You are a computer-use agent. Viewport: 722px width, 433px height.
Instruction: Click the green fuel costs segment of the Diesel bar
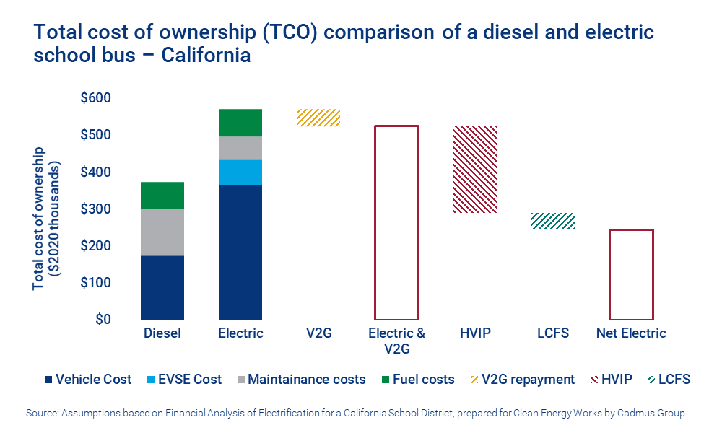coord(162,195)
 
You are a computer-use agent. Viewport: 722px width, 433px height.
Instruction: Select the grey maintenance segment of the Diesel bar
coord(162,232)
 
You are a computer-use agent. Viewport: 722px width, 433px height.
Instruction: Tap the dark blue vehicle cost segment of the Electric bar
coord(240,252)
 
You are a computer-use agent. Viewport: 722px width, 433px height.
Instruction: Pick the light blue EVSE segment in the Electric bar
coord(240,172)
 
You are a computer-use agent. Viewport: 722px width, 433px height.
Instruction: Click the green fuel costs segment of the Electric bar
coord(240,123)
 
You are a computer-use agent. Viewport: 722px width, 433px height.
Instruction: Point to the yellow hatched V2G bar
coord(318,118)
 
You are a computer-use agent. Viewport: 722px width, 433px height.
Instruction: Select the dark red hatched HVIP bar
coord(474,170)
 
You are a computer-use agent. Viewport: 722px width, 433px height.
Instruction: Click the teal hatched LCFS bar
coord(553,221)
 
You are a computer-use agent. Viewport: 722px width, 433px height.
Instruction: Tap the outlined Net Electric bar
coord(631,274)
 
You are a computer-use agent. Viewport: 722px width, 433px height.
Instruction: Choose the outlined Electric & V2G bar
coord(396,222)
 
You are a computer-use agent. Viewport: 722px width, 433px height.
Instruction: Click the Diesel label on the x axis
coord(162,333)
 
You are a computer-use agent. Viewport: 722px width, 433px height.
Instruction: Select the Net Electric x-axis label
coord(631,333)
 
